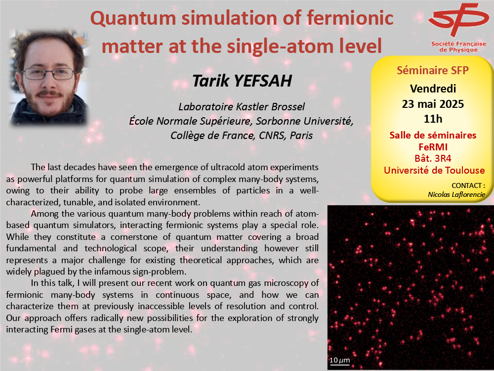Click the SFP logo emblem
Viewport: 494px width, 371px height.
click(x=458, y=20)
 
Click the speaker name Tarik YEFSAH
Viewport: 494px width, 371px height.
click(x=242, y=81)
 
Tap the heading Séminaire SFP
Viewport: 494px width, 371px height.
click(x=433, y=70)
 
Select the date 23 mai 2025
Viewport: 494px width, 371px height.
click(x=433, y=104)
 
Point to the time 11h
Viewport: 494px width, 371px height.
click(x=433, y=119)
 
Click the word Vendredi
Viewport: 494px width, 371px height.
click(x=433, y=89)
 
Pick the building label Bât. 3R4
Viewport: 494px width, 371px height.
click(x=433, y=158)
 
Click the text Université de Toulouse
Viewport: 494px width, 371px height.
click(x=434, y=170)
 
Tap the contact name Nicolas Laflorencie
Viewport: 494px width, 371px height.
click(x=456, y=194)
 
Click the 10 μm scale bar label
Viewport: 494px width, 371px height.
click(x=340, y=360)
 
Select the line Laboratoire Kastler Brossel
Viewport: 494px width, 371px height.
click(x=242, y=107)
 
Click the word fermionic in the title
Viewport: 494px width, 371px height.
click(x=350, y=18)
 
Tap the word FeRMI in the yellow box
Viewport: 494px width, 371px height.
click(x=433, y=147)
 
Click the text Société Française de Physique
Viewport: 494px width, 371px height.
click(x=458, y=46)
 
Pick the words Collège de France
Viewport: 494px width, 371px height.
click(x=212, y=136)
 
